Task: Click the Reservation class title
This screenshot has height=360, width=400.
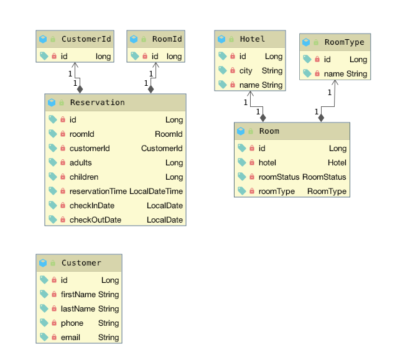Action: pyautogui.click(x=98, y=103)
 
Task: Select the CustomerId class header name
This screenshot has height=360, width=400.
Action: pyautogui.click(x=86, y=39)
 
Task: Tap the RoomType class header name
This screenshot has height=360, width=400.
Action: pyautogui.click(x=345, y=42)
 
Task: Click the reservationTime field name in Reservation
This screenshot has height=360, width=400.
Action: pyautogui.click(x=98, y=192)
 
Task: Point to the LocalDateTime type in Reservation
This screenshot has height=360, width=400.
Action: pyautogui.click(x=156, y=192)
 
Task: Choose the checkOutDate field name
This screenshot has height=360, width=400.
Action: pyautogui.click(x=95, y=219)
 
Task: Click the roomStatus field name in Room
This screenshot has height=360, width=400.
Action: pyautogui.click(x=279, y=177)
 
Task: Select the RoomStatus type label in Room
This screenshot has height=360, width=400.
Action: pyautogui.click(x=324, y=177)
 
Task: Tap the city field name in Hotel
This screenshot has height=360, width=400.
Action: pyautogui.click(x=246, y=71)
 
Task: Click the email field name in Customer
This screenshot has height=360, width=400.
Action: pyautogui.click(x=70, y=338)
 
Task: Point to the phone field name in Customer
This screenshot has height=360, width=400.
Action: pyautogui.click(x=72, y=323)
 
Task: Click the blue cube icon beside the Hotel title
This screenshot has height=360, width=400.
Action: pyautogui.click(x=221, y=39)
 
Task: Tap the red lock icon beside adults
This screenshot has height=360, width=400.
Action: pyautogui.click(x=63, y=162)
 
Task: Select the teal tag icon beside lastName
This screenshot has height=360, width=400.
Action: pyautogui.click(x=44, y=308)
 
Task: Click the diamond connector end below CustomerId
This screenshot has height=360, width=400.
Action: pyautogui.click(x=80, y=90)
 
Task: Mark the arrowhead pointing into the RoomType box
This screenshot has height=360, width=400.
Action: pyautogui.click(x=335, y=82)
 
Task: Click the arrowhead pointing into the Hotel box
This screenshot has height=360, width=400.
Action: pyautogui.click(x=251, y=93)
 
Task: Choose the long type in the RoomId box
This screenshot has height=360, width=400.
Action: pyautogui.click(x=174, y=57)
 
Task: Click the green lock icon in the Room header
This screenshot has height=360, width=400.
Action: pyautogui.click(x=251, y=131)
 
